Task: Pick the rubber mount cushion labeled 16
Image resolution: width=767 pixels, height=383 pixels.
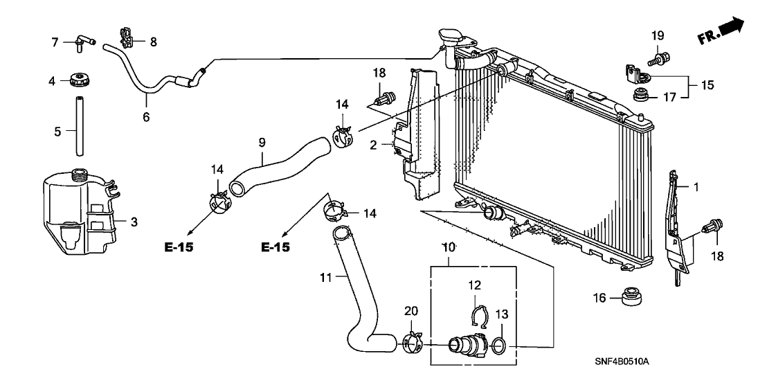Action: pos(629,296)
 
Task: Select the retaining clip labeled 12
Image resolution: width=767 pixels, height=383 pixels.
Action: pos(477,316)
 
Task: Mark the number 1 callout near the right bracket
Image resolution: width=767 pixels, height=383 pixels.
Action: pos(697,186)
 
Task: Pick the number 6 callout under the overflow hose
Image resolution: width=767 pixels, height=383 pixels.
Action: pos(146,118)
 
